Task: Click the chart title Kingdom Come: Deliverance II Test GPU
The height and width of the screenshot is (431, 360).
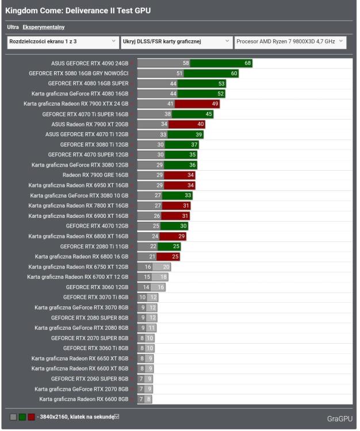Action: point(78,11)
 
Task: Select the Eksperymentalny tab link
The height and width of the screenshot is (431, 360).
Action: point(44,27)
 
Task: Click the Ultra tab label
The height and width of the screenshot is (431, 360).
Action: point(13,27)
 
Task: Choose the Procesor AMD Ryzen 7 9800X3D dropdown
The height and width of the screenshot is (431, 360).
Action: point(290,42)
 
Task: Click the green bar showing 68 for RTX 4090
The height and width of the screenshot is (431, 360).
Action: point(221,63)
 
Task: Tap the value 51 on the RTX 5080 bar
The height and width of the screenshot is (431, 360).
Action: point(179,74)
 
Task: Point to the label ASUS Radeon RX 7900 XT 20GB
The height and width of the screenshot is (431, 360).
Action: point(90,124)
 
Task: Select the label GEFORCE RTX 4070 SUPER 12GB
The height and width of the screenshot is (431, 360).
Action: point(88,155)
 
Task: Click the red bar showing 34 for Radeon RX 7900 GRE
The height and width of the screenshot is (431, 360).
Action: point(180,175)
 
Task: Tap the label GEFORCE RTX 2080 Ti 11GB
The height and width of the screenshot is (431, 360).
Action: point(94,246)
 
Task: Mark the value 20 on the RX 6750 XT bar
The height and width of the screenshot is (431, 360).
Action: point(166,267)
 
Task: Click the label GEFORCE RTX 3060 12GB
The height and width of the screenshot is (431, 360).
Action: point(97,287)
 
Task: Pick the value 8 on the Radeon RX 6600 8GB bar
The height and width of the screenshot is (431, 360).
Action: point(148,399)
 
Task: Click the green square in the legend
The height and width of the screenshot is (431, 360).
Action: point(22,417)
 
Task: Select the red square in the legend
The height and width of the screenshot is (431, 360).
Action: point(31,417)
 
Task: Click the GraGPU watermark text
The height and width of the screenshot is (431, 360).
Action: point(339,418)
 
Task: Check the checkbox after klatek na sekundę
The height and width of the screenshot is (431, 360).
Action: point(117,416)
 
